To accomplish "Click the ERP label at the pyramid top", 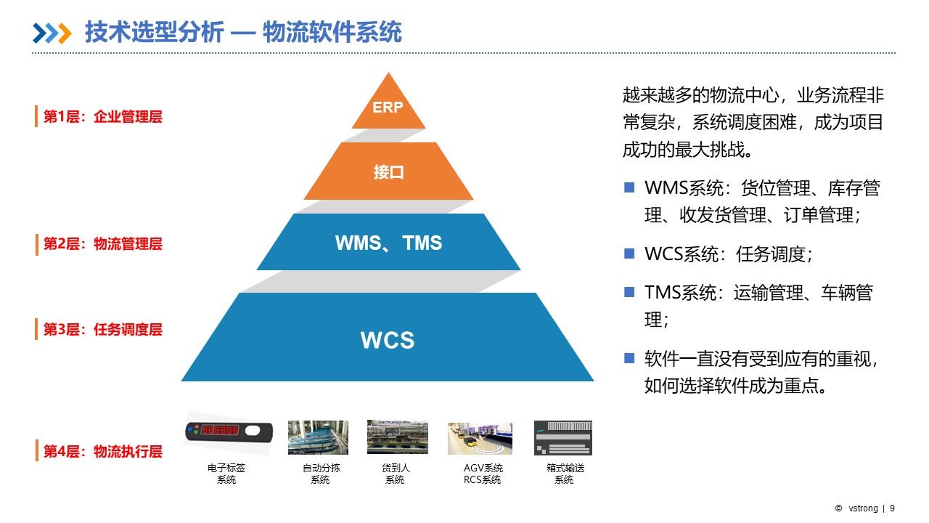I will [x=388, y=108].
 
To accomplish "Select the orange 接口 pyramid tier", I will [x=388, y=172].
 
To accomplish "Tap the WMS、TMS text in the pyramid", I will [x=388, y=243].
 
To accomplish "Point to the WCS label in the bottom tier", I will [x=388, y=340].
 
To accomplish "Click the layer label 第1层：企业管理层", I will [x=102, y=117].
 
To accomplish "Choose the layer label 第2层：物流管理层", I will [x=102, y=244].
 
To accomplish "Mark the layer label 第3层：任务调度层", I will [x=102, y=330].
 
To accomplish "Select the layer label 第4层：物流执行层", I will [x=102, y=451].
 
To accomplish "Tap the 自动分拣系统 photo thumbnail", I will [x=318, y=437].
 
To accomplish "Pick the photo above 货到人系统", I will [x=397, y=437].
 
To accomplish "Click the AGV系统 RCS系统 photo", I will [x=480, y=438].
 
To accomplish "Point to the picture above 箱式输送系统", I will [x=563, y=438].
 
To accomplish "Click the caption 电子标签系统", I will [x=226, y=474].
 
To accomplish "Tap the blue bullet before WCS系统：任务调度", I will [x=629, y=254].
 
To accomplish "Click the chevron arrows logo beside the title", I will [x=52, y=33].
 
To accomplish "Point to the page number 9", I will [x=892, y=508].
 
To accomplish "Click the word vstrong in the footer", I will [x=863, y=508].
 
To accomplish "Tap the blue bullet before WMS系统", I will [x=629, y=187].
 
